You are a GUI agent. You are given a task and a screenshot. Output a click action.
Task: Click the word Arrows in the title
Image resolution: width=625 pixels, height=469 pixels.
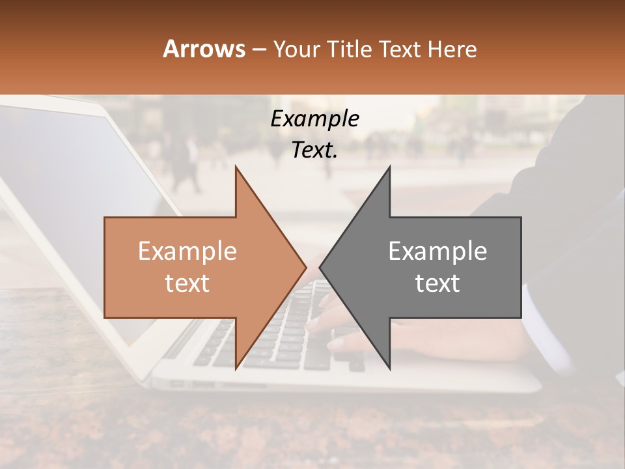tap(204, 49)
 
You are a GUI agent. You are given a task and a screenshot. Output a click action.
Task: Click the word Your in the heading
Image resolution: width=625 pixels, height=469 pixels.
tap(296, 50)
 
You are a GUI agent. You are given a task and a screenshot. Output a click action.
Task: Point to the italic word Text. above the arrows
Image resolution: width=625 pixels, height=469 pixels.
tap(314, 150)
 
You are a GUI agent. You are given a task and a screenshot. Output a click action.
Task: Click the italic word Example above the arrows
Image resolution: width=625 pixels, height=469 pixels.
tap(314, 119)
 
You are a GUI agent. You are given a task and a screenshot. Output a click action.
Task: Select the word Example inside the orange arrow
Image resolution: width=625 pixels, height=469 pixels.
tap(187, 251)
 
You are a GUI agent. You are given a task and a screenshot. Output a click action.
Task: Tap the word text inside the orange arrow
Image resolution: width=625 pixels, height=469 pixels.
tap(187, 283)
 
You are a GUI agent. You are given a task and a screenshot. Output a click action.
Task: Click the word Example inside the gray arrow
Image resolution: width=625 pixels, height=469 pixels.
tap(437, 251)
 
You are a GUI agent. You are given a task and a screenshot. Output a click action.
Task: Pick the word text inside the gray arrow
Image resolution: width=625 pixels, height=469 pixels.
tap(437, 283)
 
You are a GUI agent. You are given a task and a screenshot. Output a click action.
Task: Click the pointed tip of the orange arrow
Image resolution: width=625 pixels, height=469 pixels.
tap(305, 267)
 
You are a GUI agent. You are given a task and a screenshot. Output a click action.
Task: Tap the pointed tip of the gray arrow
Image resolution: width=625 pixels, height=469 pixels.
tap(320, 267)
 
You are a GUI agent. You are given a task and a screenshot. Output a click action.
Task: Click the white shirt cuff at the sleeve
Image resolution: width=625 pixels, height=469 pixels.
tap(547, 332)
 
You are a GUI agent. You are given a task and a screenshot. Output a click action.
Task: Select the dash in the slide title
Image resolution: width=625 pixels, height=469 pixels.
tap(259, 50)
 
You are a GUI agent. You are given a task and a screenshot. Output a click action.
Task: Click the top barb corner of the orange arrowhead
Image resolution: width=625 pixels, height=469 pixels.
tap(236, 167)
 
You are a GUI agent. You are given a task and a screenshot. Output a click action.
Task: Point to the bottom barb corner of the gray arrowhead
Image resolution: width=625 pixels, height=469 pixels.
tap(389, 369)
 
